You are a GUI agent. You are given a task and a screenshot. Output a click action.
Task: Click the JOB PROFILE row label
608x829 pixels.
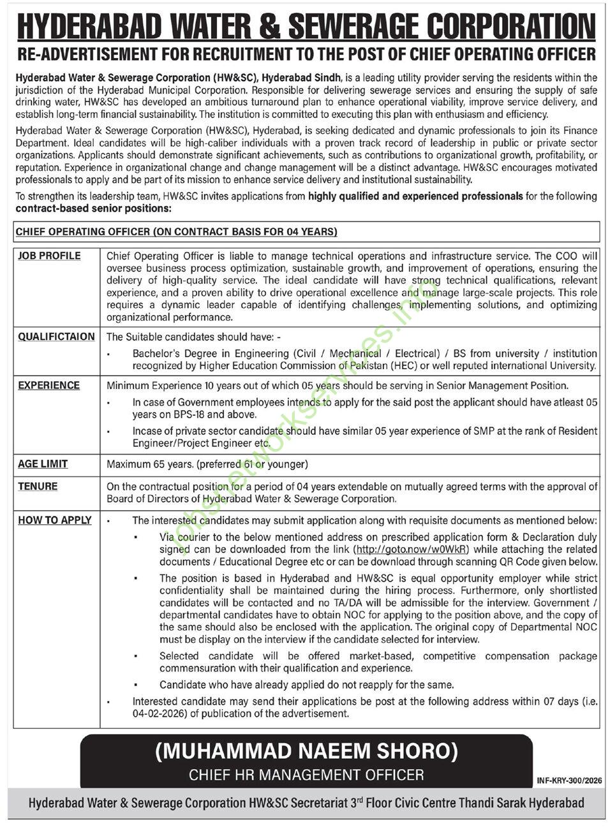tap(49, 256)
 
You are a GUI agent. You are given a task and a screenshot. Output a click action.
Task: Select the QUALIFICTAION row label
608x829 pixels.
tap(56, 337)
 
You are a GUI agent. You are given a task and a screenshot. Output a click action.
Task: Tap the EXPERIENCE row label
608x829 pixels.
tap(48, 385)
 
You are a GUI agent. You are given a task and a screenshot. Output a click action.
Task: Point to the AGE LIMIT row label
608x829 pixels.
tap(43, 464)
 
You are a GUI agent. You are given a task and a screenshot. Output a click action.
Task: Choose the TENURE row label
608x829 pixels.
tap(38, 486)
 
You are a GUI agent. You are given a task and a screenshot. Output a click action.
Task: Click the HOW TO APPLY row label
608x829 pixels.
tap(54, 520)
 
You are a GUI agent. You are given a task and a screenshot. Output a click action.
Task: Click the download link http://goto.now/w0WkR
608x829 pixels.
tap(412, 549)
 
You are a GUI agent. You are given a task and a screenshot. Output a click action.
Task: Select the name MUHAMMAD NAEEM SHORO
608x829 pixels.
tap(306, 751)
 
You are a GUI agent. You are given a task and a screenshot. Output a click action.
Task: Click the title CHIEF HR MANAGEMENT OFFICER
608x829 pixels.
tap(306, 775)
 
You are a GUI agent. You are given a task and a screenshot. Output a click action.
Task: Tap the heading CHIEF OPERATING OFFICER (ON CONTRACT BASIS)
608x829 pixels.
tap(176, 232)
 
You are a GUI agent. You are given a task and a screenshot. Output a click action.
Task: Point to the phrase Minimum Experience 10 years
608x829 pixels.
tap(169, 385)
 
